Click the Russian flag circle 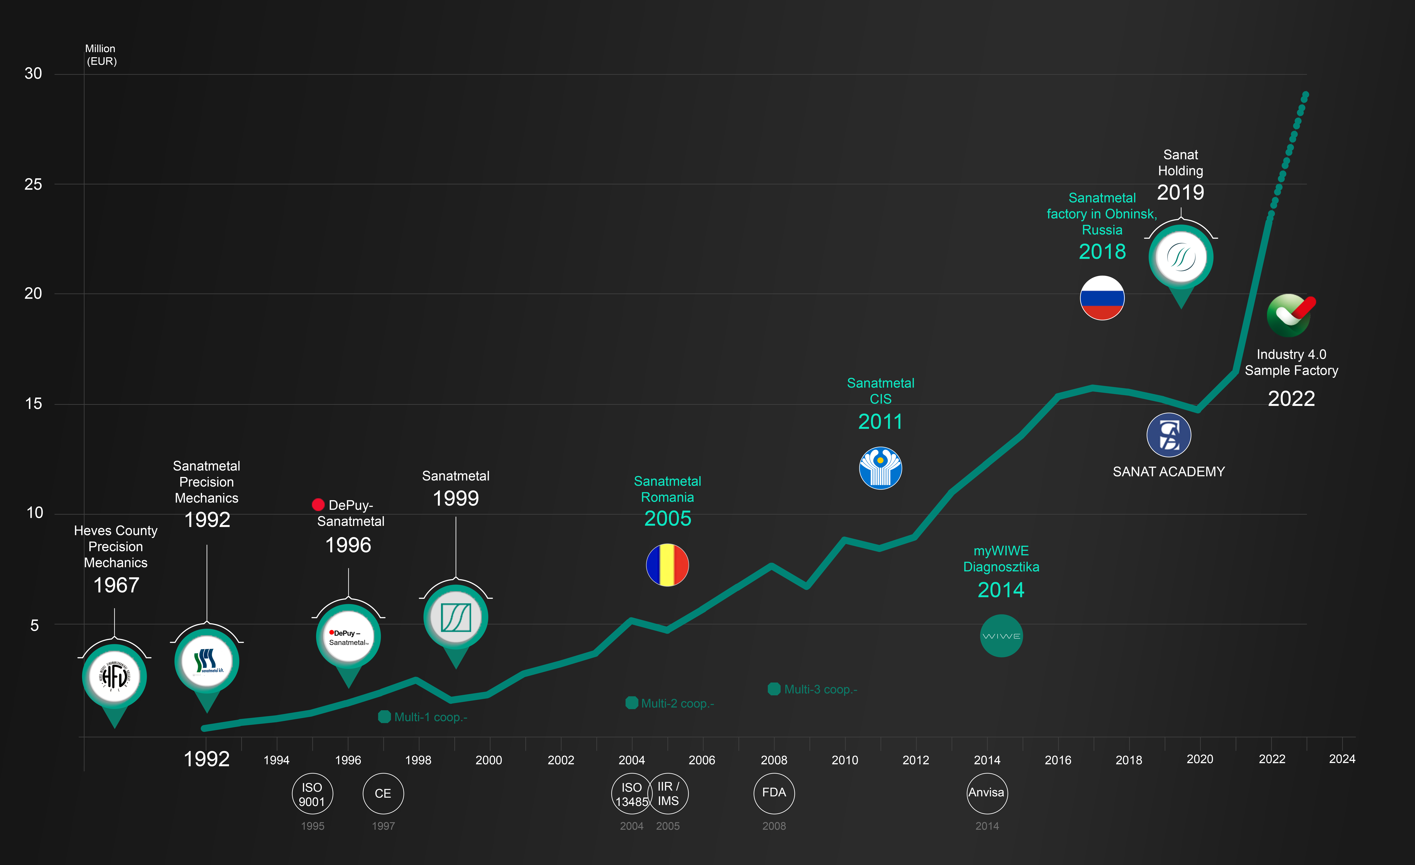pos(1102,298)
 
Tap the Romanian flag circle pos(667,565)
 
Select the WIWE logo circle pos(1001,636)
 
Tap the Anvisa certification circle pos(987,793)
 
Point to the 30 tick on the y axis pos(33,73)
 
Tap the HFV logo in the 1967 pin pos(114,676)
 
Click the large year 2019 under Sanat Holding pos(1180,192)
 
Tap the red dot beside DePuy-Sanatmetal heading pos(318,504)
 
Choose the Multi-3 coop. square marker pos(774,689)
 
